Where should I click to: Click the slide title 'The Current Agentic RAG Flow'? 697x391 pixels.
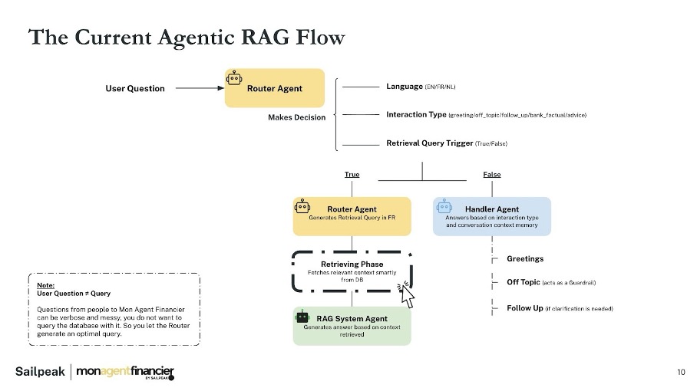pyautogui.click(x=187, y=37)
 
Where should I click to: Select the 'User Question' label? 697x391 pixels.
pyautogui.click(x=134, y=88)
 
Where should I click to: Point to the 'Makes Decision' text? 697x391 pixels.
pyautogui.click(x=296, y=117)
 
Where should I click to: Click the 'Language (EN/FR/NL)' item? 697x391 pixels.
pyautogui.click(x=421, y=87)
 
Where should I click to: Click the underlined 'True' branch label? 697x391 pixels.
pyautogui.click(x=352, y=175)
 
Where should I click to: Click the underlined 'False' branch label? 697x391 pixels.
pyautogui.click(x=492, y=175)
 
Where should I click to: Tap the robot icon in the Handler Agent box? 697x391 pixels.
pyautogui.click(x=444, y=206)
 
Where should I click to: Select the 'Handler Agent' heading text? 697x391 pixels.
pyautogui.click(x=491, y=209)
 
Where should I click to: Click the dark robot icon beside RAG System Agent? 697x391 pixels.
pyautogui.click(x=302, y=316)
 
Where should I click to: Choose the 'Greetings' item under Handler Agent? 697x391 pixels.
pyautogui.click(x=525, y=259)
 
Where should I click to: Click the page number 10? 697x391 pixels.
pyautogui.click(x=681, y=373)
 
